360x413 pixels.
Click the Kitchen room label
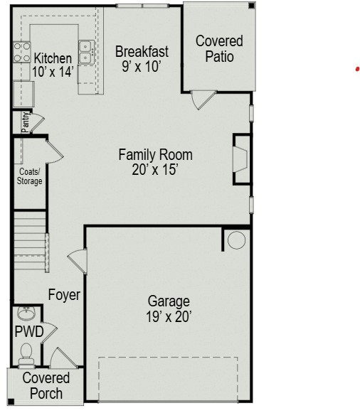point(53,58)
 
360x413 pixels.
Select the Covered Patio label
point(219,49)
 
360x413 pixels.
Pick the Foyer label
point(64,294)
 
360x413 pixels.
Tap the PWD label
point(29,331)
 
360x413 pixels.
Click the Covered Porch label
point(46,385)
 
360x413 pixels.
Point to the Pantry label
point(26,122)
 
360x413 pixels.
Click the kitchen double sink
point(86,52)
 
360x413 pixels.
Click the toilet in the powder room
point(26,352)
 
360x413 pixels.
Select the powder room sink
point(26,313)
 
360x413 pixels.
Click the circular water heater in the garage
point(236,240)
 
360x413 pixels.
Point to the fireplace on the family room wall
point(241,159)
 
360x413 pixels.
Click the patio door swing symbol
point(202,99)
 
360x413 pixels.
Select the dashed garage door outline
point(168,378)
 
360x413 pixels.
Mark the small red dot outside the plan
point(357,69)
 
